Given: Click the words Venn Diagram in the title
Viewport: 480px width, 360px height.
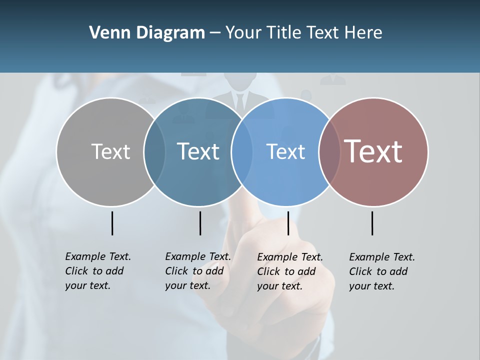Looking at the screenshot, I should (x=147, y=33).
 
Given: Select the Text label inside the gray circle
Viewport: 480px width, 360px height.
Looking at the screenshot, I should (x=110, y=151).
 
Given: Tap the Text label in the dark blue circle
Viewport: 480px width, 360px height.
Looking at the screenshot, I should (x=198, y=151).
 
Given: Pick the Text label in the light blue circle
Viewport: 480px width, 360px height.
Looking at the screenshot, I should (x=285, y=151).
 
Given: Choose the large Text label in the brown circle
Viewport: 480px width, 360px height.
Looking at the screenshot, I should (x=373, y=151).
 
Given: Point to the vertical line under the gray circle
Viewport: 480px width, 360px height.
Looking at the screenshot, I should (x=112, y=223).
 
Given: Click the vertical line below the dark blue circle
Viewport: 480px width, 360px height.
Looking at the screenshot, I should (x=200, y=223).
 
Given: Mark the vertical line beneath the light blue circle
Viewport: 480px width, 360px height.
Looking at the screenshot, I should (x=288, y=223).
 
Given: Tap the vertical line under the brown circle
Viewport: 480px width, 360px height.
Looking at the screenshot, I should (x=372, y=223).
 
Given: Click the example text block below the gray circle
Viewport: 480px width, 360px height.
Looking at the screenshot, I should (x=98, y=271).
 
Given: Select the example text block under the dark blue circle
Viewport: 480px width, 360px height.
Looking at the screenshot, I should (x=198, y=271).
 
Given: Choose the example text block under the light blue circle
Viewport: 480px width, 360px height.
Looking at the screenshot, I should (x=290, y=271).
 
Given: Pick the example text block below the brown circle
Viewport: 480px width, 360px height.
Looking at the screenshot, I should (x=382, y=271).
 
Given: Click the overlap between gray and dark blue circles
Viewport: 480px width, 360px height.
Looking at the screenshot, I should (x=154, y=151).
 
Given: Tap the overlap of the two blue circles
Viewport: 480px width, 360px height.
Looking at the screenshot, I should (x=241, y=151).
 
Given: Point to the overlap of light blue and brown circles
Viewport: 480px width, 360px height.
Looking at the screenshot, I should (x=329, y=151).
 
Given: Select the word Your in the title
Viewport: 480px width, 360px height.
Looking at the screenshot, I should (x=244, y=33).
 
